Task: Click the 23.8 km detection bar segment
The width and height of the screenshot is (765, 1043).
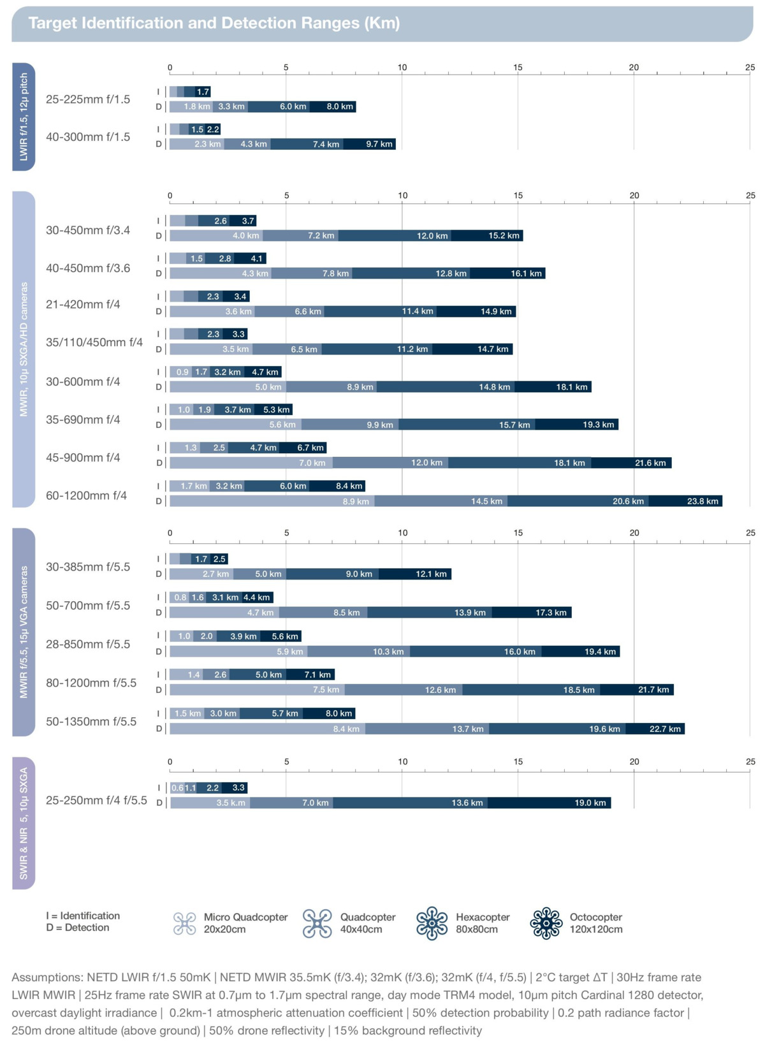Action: coord(685,501)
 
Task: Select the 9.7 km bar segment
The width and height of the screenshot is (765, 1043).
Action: coord(370,144)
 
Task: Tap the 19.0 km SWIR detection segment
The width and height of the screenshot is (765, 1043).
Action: coord(549,803)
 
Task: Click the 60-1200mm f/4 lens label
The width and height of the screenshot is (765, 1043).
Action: coord(86,495)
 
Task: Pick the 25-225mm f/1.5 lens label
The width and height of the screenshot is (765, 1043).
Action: coord(88,99)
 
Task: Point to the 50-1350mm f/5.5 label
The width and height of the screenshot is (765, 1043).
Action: coord(91,722)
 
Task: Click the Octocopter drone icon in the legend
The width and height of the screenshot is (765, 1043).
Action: coord(546,923)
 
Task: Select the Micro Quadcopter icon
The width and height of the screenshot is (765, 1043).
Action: coord(185,923)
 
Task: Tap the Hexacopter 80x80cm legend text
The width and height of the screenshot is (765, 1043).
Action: coord(483,923)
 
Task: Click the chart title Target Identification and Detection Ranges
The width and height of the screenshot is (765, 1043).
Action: coord(214,23)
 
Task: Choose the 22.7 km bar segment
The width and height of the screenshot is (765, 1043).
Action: coord(655,729)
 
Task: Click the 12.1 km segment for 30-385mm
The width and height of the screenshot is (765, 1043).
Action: coord(415,574)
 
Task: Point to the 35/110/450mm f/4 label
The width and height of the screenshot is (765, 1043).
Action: coord(94,342)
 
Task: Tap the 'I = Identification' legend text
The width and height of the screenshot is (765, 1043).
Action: coord(83,915)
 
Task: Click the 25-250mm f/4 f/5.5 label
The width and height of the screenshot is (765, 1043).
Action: coord(96,800)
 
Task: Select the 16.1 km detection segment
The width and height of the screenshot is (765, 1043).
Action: coord(507,274)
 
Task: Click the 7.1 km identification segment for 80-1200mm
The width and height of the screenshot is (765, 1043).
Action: coord(310,675)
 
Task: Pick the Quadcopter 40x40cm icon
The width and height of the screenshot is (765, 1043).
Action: coord(317,923)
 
